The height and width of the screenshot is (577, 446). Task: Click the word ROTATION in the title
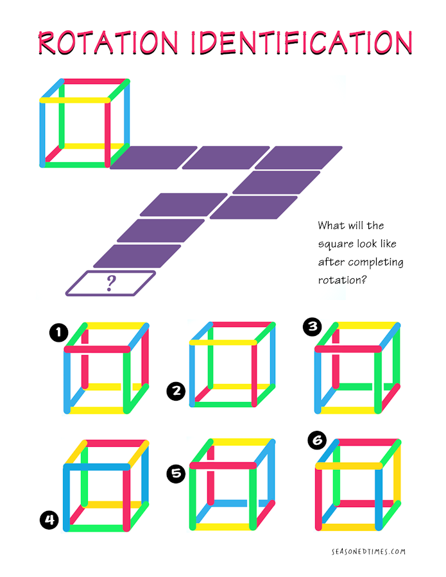tap(108, 42)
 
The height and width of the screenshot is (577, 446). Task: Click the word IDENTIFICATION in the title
tap(302, 42)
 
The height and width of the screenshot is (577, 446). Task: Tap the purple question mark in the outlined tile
tap(111, 283)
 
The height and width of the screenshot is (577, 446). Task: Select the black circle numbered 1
tap(59, 333)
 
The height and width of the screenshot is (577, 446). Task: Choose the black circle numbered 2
tap(176, 391)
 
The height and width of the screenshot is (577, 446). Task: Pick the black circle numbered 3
tap(313, 327)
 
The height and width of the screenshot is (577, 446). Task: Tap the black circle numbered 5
tap(176, 473)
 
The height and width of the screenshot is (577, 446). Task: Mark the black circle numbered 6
tap(318, 440)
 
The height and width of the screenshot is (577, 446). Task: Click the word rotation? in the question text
tap(343, 280)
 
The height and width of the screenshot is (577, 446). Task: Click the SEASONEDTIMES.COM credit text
tap(368, 551)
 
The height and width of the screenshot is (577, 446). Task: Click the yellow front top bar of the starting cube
tap(75, 100)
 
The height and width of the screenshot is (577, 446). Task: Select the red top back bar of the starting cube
tap(94, 81)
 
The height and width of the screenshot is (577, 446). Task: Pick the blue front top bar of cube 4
tap(97, 467)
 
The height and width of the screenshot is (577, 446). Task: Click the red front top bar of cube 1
tap(98, 349)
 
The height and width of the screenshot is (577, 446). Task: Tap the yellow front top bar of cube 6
tap(348, 466)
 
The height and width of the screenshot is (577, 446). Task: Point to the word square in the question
tap(332, 244)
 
